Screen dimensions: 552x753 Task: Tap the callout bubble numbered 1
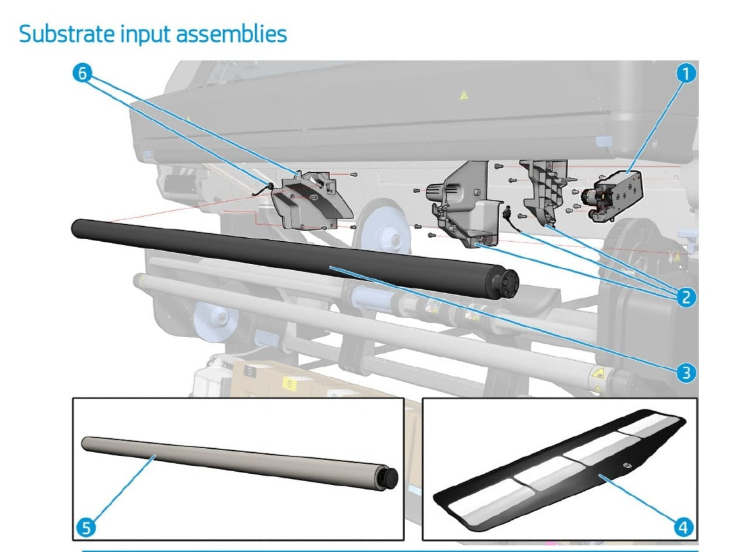point(686,74)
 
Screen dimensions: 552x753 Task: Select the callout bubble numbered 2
point(686,297)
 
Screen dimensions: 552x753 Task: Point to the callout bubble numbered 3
point(686,373)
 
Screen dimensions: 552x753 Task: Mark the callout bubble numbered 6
point(82,74)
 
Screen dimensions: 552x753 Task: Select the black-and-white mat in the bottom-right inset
point(559,470)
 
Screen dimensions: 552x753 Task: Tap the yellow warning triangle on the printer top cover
point(464,96)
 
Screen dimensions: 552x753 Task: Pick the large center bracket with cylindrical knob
point(460,200)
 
